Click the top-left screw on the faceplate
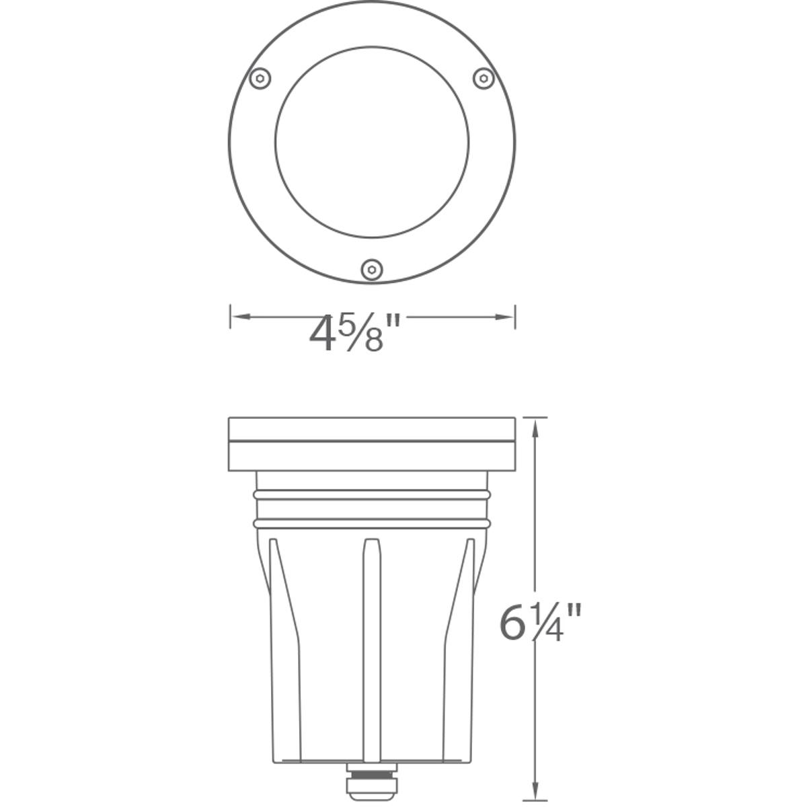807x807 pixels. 260,79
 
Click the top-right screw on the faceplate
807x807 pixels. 484,79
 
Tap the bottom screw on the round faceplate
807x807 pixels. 371,270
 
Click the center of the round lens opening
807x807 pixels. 372,142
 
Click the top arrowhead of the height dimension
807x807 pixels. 535,428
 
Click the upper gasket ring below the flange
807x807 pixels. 372,495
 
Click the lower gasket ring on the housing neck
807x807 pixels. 372,523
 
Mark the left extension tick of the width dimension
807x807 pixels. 231,316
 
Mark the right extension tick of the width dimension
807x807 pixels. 515,316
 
